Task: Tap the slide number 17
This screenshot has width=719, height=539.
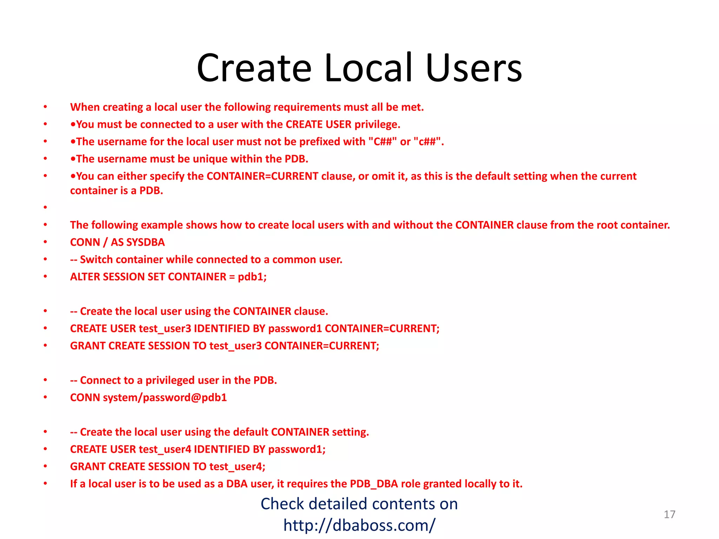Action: (x=669, y=514)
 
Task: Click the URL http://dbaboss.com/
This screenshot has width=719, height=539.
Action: (x=359, y=525)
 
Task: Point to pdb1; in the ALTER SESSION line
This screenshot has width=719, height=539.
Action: (x=252, y=277)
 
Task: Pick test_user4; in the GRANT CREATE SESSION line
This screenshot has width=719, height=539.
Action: (x=237, y=467)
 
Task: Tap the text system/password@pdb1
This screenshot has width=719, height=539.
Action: (x=165, y=398)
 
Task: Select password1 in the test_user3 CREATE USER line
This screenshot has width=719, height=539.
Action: (x=295, y=329)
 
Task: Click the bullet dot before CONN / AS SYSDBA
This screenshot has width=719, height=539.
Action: (x=45, y=242)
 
